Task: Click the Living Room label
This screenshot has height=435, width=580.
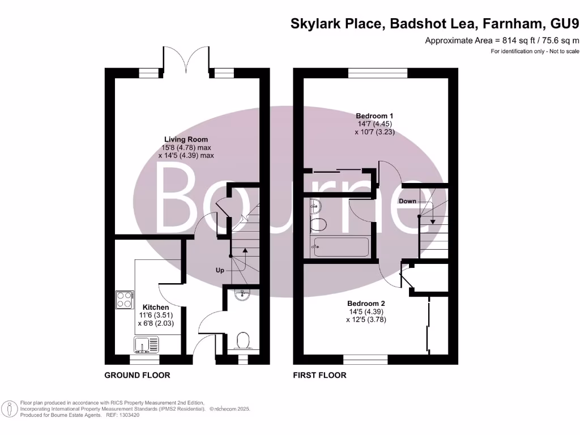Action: [186, 139]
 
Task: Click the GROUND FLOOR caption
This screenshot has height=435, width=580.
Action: [137, 375]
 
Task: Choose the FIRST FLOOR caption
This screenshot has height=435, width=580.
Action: [319, 375]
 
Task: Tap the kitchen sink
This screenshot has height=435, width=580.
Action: [147, 343]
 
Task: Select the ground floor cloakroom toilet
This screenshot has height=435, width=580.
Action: [243, 341]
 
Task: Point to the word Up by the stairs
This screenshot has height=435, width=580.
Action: [220, 270]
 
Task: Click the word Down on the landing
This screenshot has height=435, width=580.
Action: [407, 201]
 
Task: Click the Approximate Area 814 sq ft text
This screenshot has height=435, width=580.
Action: [502, 40]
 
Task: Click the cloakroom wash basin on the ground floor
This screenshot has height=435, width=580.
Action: [242, 294]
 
